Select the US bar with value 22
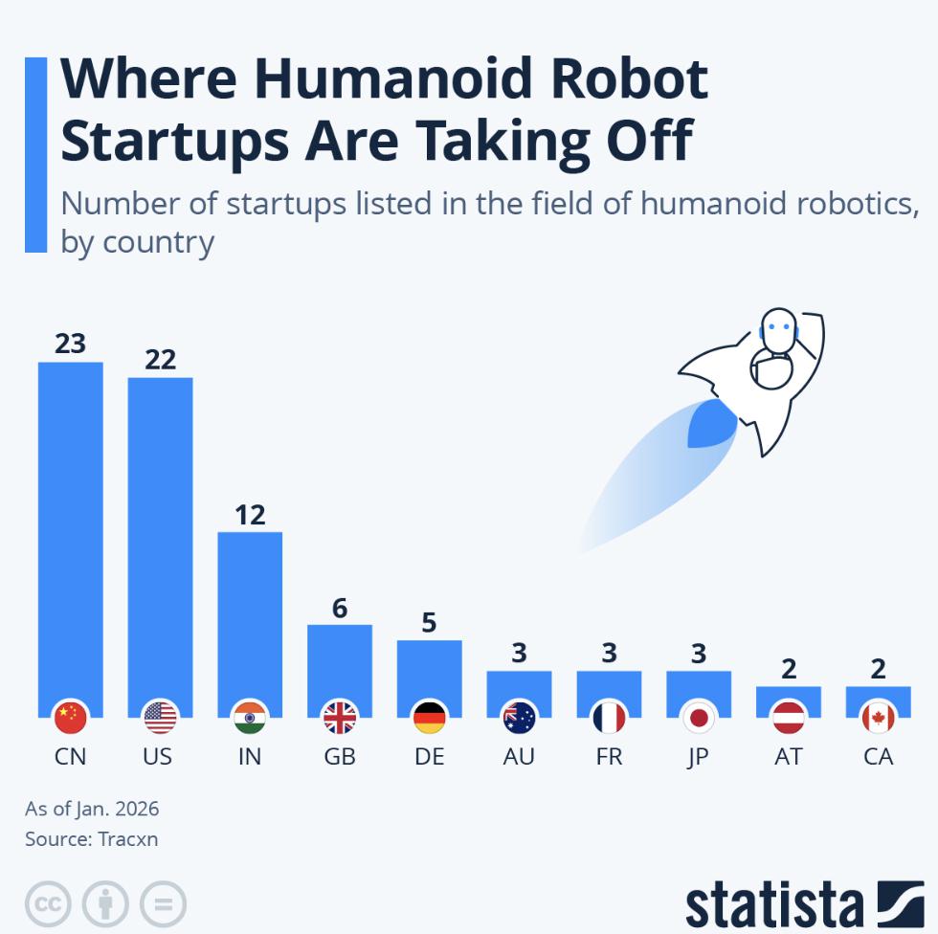(x=160, y=536)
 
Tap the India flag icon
(x=250, y=717)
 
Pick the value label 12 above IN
(x=250, y=515)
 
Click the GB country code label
(x=340, y=757)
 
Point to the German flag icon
(x=429, y=717)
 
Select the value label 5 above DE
(x=429, y=623)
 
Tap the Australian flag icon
(x=519, y=717)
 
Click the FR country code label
(x=609, y=757)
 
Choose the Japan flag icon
(x=699, y=717)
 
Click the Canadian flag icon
(x=878, y=717)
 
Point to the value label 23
(x=70, y=343)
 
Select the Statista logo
(x=804, y=904)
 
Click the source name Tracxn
(x=126, y=839)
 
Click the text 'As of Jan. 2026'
(x=92, y=809)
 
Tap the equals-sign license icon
(x=163, y=903)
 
